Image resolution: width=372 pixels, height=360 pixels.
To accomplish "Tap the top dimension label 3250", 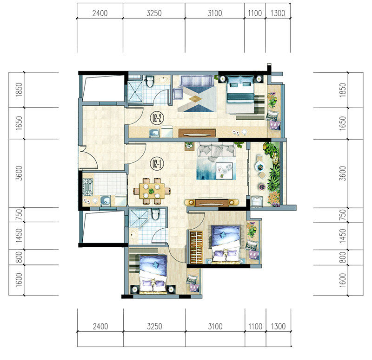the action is [x=154, y=13].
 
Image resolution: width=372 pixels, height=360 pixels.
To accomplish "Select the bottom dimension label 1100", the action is [x=255, y=327].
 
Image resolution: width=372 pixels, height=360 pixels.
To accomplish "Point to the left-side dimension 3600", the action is [x=19, y=173].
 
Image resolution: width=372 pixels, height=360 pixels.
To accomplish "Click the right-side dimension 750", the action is [x=342, y=215].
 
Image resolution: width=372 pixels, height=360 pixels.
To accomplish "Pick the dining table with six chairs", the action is [x=152, y=191].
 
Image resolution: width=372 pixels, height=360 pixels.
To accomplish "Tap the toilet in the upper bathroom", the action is [x=149, y=81].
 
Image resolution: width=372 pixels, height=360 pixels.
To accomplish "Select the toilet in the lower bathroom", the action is [x=155, y=214].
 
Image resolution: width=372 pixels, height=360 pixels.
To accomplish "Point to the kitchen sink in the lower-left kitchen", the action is [x=105, y=200].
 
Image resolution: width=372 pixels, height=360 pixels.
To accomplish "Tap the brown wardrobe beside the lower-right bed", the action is [x=196, y=247].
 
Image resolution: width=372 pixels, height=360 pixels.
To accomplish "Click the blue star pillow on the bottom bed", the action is [x=155, y=264].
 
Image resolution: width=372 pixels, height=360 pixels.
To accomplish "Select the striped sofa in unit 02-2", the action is [x=197, y=81].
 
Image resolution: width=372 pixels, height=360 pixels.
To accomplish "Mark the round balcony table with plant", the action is [x=260, y=167].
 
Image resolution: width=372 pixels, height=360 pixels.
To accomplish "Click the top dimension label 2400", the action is [x=100, y=13].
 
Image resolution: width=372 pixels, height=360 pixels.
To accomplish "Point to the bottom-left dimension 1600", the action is [x=19, y=280].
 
